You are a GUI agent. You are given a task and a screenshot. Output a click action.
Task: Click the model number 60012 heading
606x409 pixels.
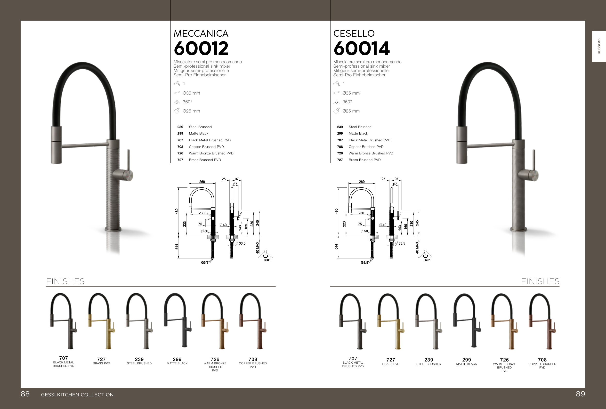201,48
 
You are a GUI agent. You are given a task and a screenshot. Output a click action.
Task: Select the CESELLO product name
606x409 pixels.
354,33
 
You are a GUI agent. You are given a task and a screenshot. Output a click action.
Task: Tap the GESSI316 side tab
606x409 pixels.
599,46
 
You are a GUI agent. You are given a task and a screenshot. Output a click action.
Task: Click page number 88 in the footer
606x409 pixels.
25,394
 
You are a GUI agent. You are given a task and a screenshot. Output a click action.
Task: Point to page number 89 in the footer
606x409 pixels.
581,394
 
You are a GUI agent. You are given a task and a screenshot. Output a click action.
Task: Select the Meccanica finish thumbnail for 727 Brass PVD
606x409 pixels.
101,321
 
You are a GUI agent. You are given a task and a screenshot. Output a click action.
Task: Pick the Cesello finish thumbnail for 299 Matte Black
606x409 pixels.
467,321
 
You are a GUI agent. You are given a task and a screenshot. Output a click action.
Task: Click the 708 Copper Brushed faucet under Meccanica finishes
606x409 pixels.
253,321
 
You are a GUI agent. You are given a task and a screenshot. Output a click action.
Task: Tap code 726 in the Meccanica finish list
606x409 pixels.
180,153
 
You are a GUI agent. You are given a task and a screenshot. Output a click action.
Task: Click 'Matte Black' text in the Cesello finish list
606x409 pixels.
358,134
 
